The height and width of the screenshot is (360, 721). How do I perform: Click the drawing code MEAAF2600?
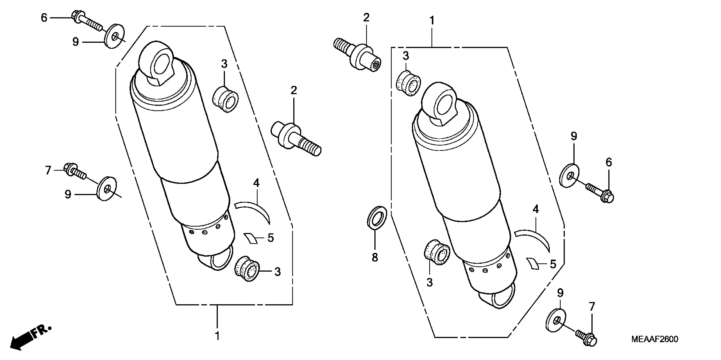tap(654, 339)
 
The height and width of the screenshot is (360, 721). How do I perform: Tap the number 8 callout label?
tap(375, 257)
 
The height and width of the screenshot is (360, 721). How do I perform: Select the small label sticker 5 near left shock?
tap(251, 238)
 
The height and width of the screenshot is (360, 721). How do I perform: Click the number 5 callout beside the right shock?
tap(553, 264)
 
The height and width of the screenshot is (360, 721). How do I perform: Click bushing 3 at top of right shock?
tap(408, 84)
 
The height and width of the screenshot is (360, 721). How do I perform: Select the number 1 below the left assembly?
tap(217, 336)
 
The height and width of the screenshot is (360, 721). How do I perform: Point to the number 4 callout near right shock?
tap(535, 209)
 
